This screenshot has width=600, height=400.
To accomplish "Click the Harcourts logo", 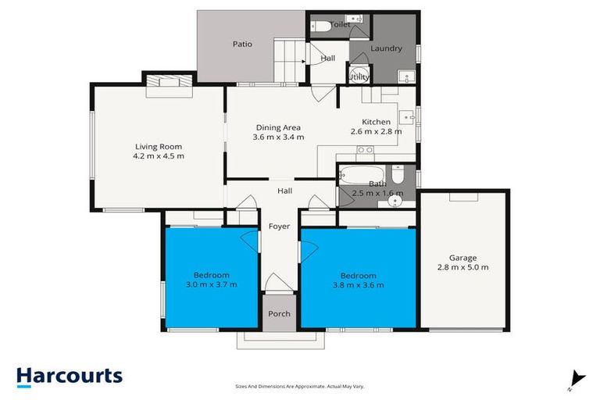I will [70, 376].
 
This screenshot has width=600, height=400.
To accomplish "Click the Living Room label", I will [159, 145].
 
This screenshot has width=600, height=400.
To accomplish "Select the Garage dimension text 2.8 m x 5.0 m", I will [463, 267].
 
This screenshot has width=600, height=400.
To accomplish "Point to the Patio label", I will [242, 45].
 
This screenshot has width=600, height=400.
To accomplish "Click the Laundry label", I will [386, 48].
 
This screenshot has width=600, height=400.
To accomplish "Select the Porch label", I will [279, 314].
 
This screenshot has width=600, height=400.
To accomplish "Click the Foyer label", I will [279, 227].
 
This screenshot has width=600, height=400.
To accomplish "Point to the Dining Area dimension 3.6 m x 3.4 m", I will [278, 137].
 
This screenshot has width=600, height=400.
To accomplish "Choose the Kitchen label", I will [376, 121].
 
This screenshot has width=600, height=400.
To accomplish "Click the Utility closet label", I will [359, 77].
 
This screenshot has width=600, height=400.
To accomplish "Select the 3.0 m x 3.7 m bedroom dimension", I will [212, 284].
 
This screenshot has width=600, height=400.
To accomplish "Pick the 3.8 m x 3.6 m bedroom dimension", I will [358, 285].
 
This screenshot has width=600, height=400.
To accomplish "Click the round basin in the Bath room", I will [396, 200].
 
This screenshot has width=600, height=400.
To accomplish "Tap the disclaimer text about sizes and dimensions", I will [300, 386].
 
